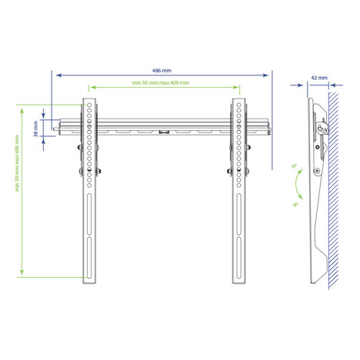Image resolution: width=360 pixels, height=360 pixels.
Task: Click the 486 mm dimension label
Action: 162,71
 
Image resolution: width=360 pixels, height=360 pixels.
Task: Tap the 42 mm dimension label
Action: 319,78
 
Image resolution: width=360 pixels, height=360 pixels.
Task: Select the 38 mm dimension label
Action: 35,129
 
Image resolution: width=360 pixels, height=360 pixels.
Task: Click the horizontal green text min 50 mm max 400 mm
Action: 161,83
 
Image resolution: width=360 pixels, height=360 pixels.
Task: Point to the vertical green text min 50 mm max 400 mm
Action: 17,164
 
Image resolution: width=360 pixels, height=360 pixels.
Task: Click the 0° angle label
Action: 294,166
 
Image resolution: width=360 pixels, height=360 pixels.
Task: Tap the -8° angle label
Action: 295,205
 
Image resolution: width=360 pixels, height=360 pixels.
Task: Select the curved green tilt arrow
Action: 296,184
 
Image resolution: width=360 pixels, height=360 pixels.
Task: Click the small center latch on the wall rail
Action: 164,132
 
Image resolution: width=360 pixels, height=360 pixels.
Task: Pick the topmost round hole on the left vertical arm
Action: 89,105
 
